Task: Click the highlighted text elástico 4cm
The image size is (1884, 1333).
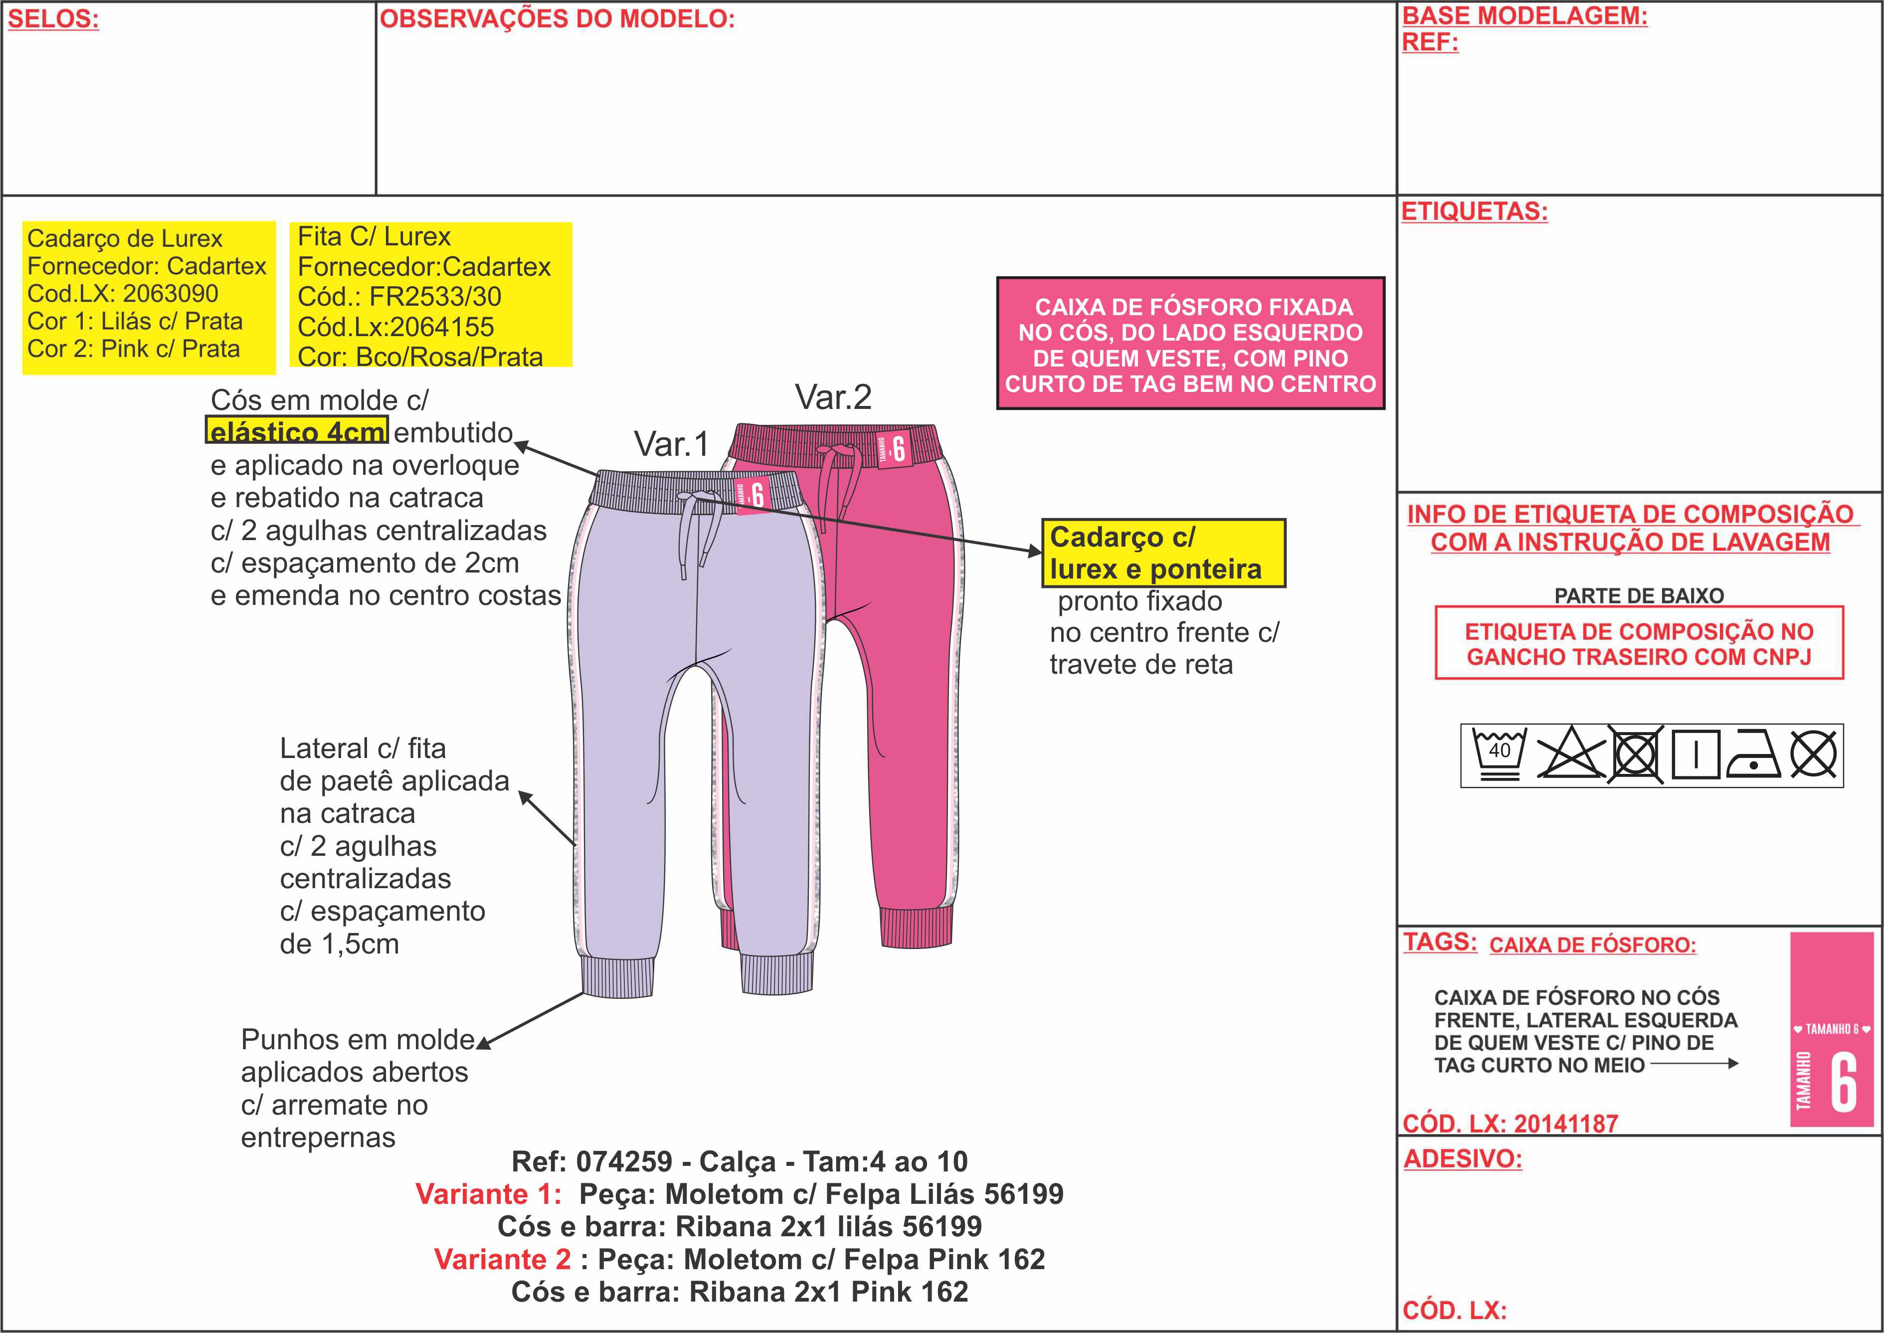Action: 297,432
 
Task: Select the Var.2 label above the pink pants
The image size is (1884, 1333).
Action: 833,397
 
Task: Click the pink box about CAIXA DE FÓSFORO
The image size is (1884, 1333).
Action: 1191,344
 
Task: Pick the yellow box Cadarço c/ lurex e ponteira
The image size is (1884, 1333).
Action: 1163,553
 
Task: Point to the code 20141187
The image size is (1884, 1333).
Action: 1566,1123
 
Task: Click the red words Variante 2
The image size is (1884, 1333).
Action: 502,1259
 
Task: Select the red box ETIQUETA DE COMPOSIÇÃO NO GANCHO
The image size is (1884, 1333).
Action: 1639,643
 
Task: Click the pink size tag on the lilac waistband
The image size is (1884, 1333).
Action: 752,495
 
